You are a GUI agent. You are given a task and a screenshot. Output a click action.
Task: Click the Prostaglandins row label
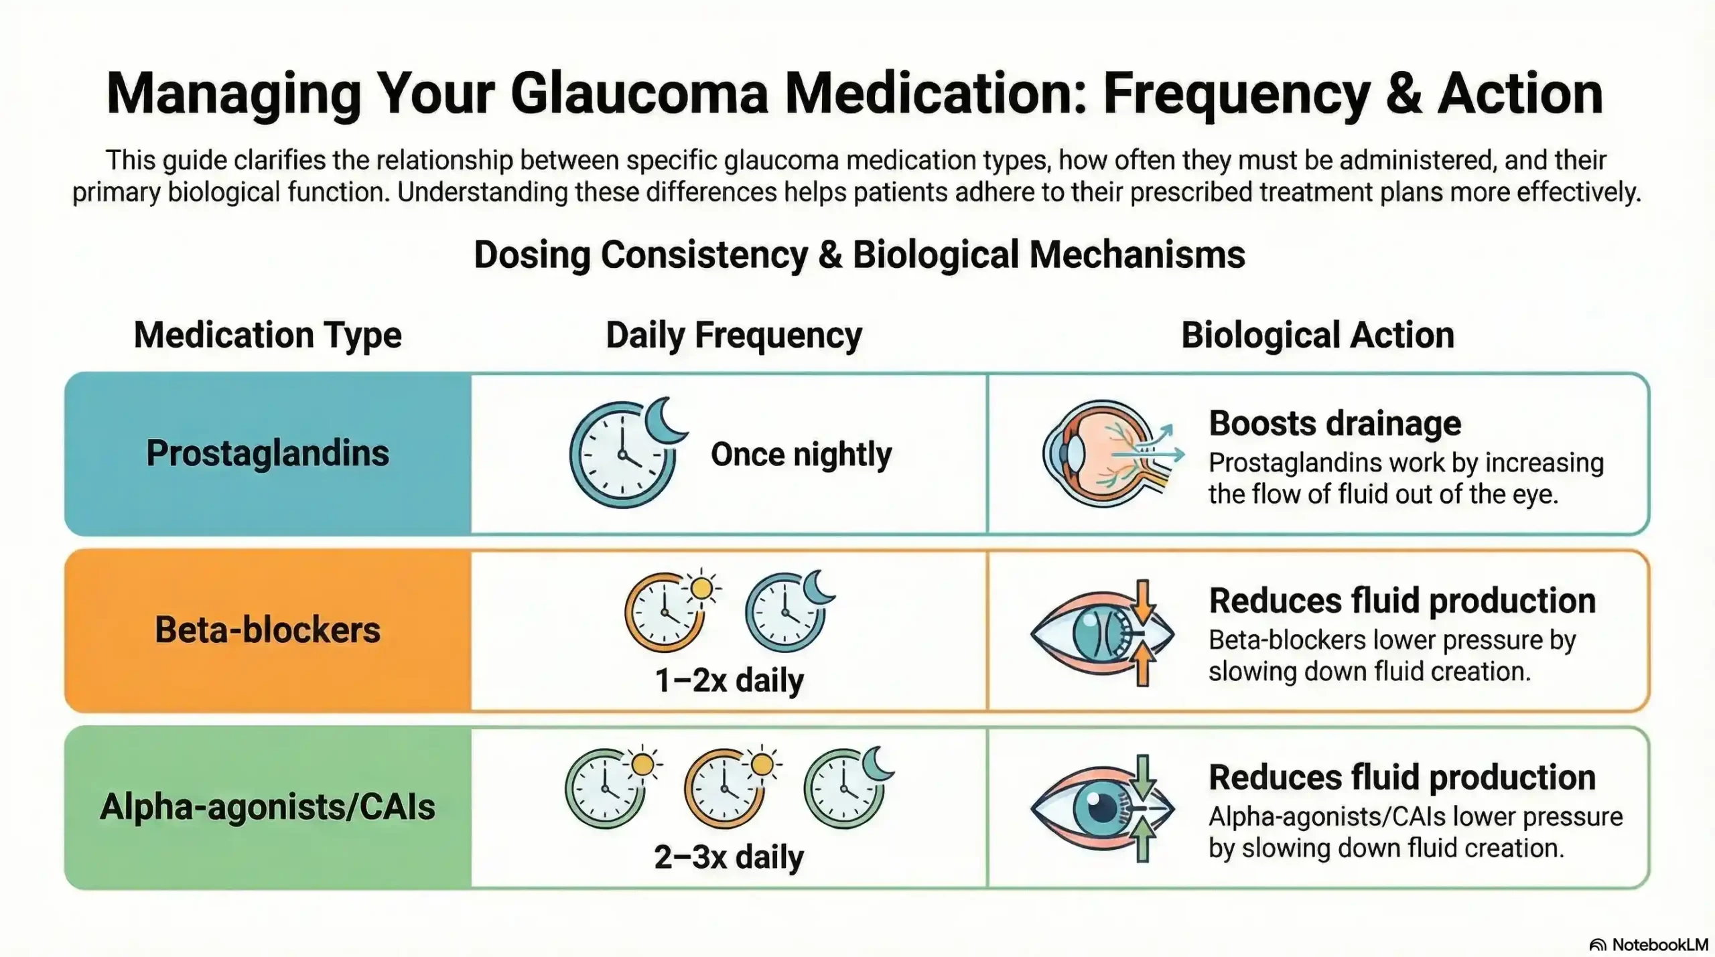(x=267, y=453)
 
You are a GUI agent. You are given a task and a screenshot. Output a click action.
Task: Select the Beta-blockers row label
(x=267, y=630)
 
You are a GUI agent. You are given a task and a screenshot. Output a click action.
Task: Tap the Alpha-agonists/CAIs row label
(x=267, y=807)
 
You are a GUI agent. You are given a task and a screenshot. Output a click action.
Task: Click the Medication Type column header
(x=267, y=335)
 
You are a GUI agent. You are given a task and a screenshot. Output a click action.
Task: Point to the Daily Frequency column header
(x=734, y=335)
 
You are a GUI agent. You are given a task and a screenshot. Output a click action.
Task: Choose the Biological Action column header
(x=1317, y=335)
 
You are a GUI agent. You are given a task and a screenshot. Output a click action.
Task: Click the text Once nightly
(x=801, y=454)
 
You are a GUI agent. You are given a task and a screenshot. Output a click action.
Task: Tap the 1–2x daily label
(x=729, y=680)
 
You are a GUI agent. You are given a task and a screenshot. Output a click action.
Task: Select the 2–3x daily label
(x=729, y=857)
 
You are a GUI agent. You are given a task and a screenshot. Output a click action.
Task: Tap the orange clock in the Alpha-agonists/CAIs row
(x=724, y=788)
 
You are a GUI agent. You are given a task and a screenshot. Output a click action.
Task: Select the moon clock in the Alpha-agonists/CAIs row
(x=844, y=788)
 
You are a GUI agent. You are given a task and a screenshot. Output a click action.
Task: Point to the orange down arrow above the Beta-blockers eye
(x=1143, y=600)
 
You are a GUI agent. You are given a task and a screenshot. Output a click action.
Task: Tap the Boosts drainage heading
(x=1334, y=423)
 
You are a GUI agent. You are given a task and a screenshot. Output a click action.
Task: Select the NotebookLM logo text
(x=1659, y=945)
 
